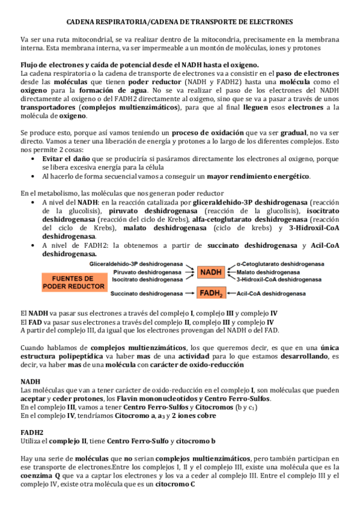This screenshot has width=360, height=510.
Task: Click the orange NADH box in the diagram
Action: pyautogui.click(x=211, y=271)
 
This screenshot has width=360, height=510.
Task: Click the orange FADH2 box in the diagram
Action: pyautogui.click(x=211, y=293)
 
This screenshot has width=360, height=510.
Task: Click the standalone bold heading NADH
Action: pyautogui.click(x=31, y=381)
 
